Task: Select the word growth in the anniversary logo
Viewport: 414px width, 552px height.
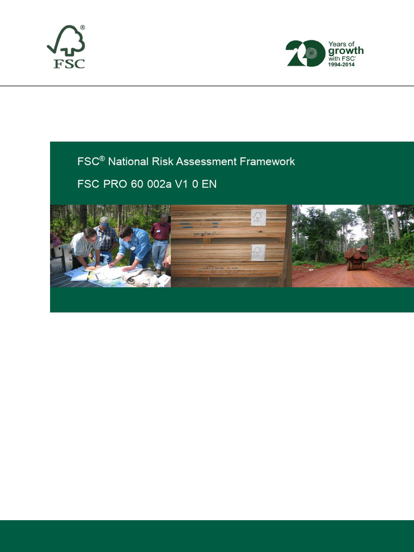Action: click(x=346, y=51)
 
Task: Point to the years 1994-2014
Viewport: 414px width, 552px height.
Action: click(x=342, y=64)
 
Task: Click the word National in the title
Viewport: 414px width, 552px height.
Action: click(x=127, y=161)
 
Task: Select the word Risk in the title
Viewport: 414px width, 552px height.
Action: click(x=161, y=161)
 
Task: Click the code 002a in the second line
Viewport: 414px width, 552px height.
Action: click(x=162, y=183)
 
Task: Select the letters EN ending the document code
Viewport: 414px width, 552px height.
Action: click(x=209, y=183)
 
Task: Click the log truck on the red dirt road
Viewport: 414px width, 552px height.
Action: click(x=356, y=258)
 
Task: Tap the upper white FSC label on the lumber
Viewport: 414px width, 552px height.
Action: click(x=258, y=218)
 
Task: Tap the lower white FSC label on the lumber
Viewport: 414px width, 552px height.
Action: click(x=258, y=252)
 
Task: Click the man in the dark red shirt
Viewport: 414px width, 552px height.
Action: click(x=160, y=240)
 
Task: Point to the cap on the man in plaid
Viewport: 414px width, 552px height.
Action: click(x=104, y=220)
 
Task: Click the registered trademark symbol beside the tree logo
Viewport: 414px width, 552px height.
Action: click(x=82, y=27)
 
